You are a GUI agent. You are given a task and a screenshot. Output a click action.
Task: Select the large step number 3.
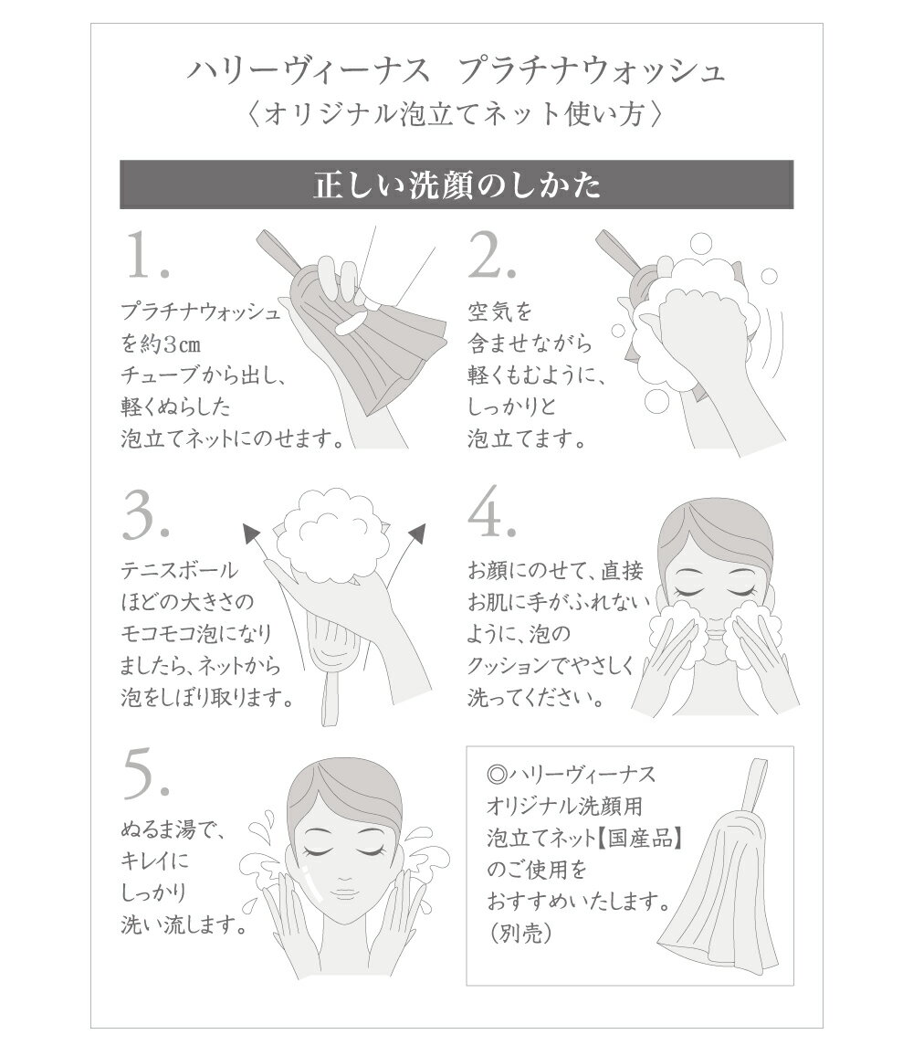[x=145, y=518]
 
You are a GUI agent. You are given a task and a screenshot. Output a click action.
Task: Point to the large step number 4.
[x=492, y=518]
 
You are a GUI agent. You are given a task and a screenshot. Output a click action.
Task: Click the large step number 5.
[x=145, y=775]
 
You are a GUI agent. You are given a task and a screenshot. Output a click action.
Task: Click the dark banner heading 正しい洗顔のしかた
[x=456, y=185]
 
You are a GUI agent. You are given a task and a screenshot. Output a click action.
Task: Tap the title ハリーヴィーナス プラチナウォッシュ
[x=456, y=71]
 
